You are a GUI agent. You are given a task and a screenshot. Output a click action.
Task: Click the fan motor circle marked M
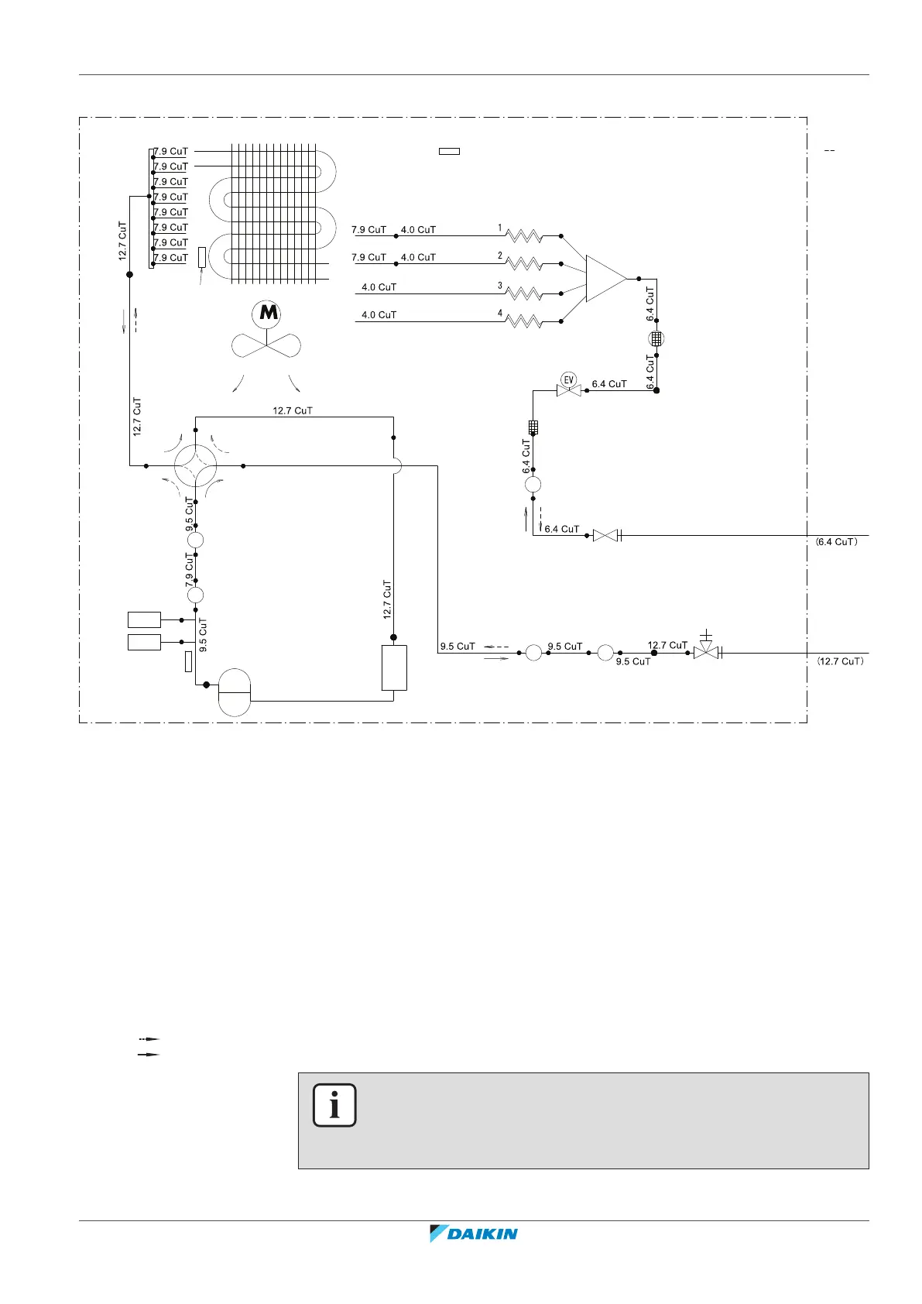click(x=267, y=314)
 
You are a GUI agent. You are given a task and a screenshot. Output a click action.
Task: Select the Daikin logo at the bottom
click(x=474, y=1234)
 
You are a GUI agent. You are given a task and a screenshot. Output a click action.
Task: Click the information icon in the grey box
click(x=334, y=1105)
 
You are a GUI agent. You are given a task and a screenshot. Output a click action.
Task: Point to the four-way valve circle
click(x=195, y=466)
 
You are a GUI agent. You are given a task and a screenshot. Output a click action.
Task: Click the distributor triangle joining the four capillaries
click(x=605, y=278)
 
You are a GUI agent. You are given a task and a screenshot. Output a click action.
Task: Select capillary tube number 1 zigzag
click(x=524, y=235)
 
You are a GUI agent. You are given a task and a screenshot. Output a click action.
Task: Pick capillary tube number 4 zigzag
click(x=524, y=321)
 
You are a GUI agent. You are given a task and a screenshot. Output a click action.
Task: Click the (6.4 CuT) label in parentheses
click(x=837, y=542)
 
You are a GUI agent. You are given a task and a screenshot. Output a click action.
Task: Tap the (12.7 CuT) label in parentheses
click(x=840, y=661)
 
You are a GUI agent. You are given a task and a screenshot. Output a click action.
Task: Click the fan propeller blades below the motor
click(x=266, y=345)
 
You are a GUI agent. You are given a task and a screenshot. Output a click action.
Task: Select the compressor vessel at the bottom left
click(x=235, y=692)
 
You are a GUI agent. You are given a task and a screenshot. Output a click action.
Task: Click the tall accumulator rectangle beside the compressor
click(x=394, y=667)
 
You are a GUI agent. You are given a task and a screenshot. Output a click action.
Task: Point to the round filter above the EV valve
click(x=656, y=338)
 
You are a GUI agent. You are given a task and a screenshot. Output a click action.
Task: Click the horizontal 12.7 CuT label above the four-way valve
click(x=293, y=410)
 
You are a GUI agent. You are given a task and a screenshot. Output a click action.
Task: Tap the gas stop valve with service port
click(x=706, y=651)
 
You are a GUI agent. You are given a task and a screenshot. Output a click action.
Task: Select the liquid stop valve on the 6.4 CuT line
click(x=605, y=535)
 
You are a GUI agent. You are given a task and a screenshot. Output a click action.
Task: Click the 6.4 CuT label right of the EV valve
click(x=609, y=383)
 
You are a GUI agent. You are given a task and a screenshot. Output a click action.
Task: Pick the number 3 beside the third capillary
click(x=500, y=286)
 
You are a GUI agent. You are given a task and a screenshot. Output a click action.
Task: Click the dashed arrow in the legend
click(x=149, y=1038)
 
